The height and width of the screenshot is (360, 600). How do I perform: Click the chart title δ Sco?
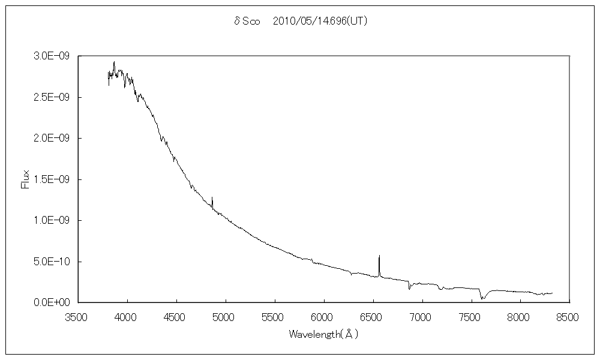point(246,22)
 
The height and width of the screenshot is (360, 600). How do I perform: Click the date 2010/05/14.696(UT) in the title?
point(320,22)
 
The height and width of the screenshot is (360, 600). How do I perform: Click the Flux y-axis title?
point(25,178)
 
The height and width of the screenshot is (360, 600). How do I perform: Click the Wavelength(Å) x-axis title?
point(323,334)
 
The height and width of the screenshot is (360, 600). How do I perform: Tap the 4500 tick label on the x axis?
point(176,316)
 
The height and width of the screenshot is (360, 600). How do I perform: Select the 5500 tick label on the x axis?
point(274,316)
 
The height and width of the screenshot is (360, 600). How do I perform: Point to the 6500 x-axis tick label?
point(373,316)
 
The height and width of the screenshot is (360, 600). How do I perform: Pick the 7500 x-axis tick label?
point(471,316)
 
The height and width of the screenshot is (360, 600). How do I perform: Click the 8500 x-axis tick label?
point(569,316)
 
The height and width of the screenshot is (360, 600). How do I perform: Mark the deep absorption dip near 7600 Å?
point(482,297)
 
